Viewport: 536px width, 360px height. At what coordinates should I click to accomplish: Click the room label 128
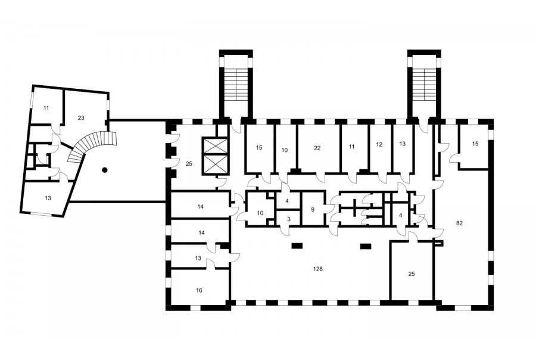click(x=318, y=269)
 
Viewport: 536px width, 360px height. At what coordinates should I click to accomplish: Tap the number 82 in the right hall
click(x=459, y=223)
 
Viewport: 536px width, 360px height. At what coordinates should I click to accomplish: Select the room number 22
click(x=317, y=148)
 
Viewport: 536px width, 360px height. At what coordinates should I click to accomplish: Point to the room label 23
click(x=80, y=118)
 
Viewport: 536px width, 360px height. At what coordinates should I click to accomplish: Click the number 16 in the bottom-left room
click(x=199, y=290)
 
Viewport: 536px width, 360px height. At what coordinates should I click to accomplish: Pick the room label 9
click(x=313, y=209)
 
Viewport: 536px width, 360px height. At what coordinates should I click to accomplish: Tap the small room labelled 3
click(x=289, y=219)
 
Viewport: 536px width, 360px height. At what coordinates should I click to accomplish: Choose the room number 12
click(x=379, y=144)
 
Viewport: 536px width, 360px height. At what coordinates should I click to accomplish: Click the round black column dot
click(x=105, y=169)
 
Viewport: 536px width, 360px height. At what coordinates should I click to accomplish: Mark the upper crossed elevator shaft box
click(x=215, y=146)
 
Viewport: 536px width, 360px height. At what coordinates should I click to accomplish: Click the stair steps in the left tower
click(x=236, y=85)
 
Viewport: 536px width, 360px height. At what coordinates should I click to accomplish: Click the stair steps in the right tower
click(x=424, y=85)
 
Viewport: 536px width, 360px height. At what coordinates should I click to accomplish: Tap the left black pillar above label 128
click(x=297, y=246)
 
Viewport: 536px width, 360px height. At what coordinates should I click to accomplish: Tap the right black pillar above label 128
click(x=366, y=246)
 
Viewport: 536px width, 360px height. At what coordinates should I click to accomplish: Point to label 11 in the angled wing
click(x=46, y=108)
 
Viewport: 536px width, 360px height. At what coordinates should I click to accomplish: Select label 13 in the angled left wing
click(x=48, y=198)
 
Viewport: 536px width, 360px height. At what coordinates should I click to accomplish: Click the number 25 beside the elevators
click(x=189, y=163)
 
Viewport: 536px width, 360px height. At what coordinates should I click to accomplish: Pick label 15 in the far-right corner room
click(x=475, y=144)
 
